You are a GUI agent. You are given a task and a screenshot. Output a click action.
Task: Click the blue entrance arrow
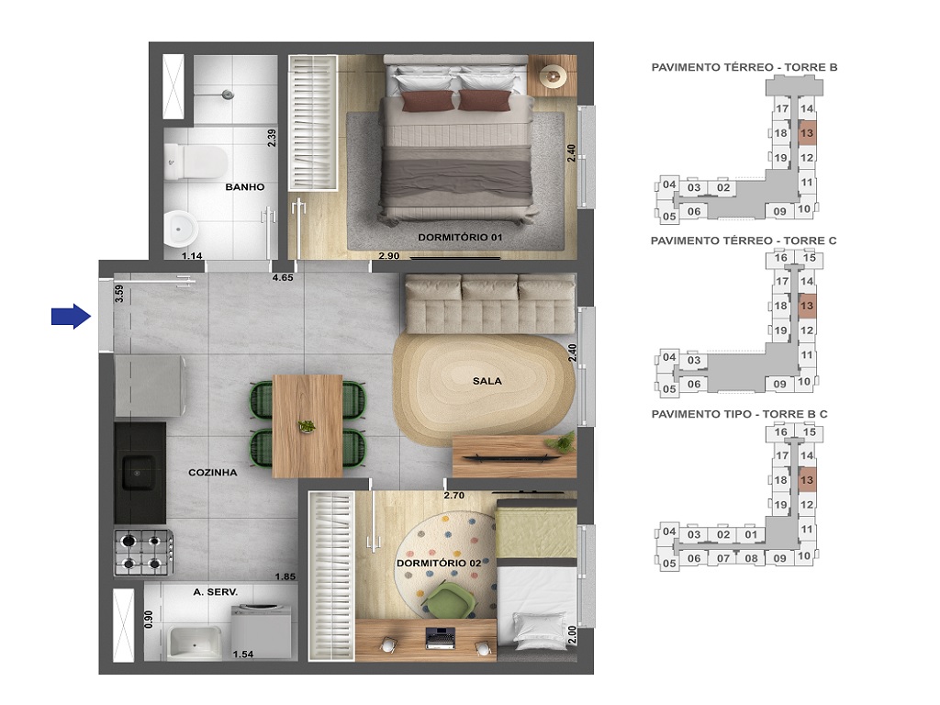[x=70, y=317]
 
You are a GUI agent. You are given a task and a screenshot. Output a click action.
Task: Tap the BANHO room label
[x=244, y=187]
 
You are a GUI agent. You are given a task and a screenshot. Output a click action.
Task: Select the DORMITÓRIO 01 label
[x=460, y=238]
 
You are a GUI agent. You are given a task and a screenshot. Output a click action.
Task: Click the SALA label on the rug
[x=487, y=380]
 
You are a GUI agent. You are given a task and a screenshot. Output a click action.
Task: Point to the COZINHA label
[x=213, y=473]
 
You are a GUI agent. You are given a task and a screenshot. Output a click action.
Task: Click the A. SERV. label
[x=216, y=593]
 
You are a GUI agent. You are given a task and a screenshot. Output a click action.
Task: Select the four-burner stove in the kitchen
[x=141, y=552]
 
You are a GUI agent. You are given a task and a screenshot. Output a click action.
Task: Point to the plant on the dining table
[x=307, y=426]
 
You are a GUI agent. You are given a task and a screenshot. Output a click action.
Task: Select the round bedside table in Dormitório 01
[x=554, y=77]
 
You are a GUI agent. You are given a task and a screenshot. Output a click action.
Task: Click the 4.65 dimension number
[x=281, y=276]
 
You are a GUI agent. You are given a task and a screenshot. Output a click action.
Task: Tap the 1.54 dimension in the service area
[x=242, y=654]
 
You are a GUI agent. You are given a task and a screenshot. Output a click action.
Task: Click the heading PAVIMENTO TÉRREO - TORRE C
[x=743, y=241]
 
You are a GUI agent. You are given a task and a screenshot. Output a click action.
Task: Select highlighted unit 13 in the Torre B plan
[x=807, y=133]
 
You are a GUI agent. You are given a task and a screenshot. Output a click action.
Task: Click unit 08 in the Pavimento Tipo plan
[x=751, y=557]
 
